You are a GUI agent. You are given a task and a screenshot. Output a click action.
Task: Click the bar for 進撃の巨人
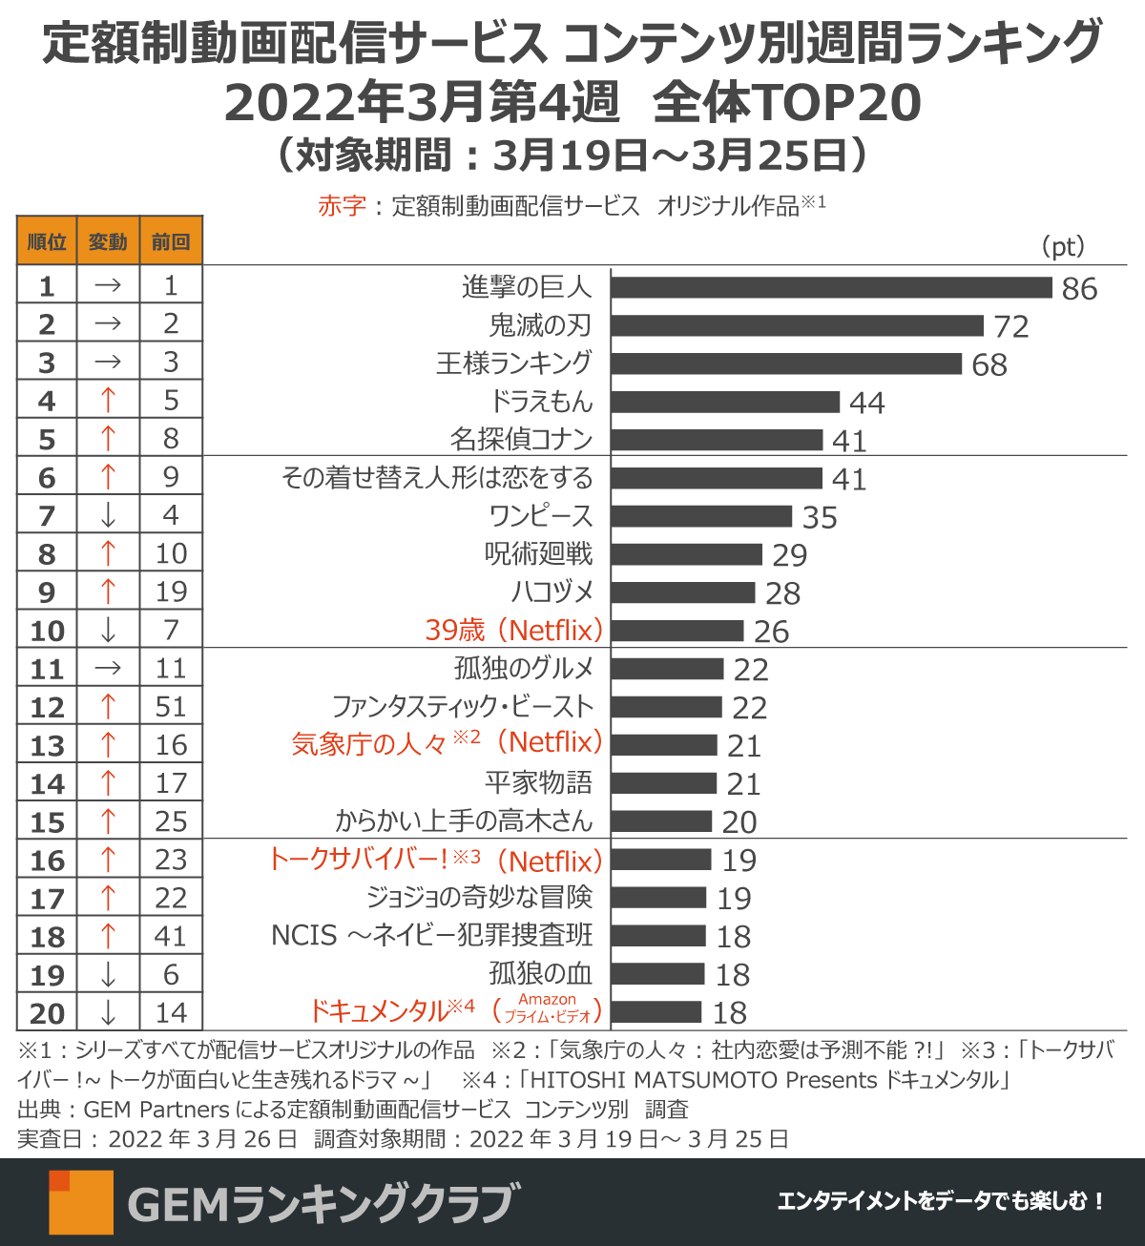click(x=831, y=287)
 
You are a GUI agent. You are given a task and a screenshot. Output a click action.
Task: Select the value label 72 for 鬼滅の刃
click(x=1011, y=326)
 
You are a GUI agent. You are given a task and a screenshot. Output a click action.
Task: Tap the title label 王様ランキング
click(x=514, y=363)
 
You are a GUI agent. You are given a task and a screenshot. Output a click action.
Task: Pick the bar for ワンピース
click(x=701, y=516)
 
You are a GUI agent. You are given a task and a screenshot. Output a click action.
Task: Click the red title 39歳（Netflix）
click(x=514, y=631)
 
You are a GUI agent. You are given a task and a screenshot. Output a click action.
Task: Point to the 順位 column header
click(x=47, y=241)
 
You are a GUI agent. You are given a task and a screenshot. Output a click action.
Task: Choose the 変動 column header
click(x=108, y=241)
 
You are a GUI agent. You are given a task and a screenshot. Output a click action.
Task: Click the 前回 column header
click(x=171, y=241)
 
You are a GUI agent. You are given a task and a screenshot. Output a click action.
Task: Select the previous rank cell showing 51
click(x=171, y=707)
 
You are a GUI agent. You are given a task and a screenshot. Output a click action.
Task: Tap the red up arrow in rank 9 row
click(x=108, y=592)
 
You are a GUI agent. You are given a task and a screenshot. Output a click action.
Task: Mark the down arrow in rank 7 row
click(x=108, y=516)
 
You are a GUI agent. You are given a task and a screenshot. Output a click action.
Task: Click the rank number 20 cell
click(x=47, y=1013)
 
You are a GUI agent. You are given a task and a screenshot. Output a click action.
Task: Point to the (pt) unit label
click(x=1063, y=247)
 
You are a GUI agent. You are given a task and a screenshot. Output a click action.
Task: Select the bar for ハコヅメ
click(x=683, y=592)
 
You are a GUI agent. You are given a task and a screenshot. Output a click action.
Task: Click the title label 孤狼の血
click(x=540, y=974)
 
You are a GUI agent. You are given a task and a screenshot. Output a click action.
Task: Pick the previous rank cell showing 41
click(x=171, y=936)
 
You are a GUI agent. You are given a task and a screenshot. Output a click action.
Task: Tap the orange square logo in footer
click(x=81, y=1202)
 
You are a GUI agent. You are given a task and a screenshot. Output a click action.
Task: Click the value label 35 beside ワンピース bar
click(x=820, y=517)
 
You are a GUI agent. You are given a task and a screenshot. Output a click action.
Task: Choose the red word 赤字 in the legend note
click(x=342, y=205)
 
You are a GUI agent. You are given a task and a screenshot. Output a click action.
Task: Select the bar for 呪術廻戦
click(x=687, y=554)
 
